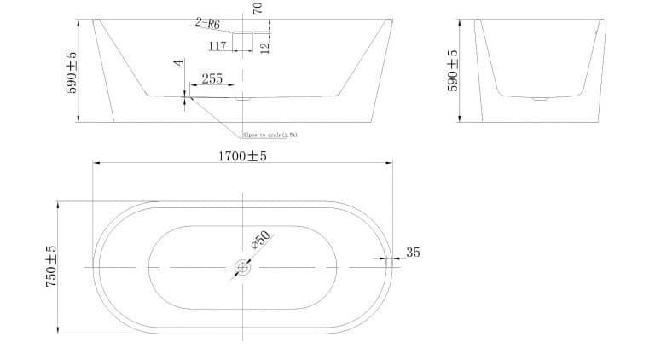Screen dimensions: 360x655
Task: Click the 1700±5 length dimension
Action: point(242,157)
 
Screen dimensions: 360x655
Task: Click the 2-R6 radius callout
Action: point(207,24)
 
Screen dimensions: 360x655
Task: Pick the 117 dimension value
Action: point(217,46)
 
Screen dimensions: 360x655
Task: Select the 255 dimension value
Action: point(212,79)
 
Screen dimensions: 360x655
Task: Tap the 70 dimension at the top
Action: point(258,8)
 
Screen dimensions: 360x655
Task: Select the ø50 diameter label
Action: point(260,240)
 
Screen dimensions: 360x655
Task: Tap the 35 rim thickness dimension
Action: point(414,253)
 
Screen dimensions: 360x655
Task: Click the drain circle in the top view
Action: point(242,268)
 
